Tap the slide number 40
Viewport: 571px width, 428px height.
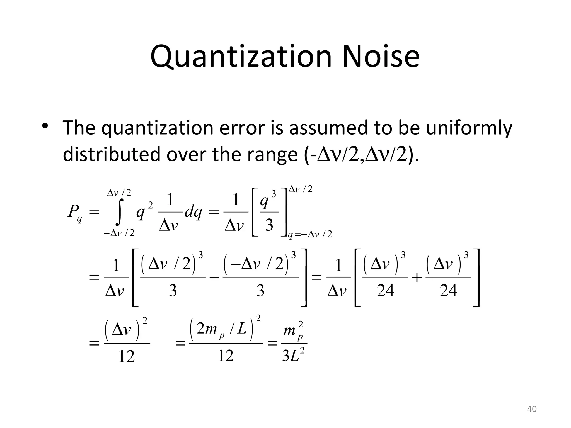(x=532, y=409)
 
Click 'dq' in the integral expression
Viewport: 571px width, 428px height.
(x=193, y=213)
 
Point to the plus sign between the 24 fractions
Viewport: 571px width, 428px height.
(x=417, y=278)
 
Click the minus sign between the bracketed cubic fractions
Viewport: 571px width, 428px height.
(x=214, y=278)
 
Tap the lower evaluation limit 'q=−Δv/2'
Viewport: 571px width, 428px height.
(x=310, y=235)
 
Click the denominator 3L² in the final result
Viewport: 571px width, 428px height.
(x=293, y=356)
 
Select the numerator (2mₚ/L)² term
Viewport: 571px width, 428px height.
(x=225, y=329)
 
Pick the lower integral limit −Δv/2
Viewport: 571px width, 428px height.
(x=119, y=233)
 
